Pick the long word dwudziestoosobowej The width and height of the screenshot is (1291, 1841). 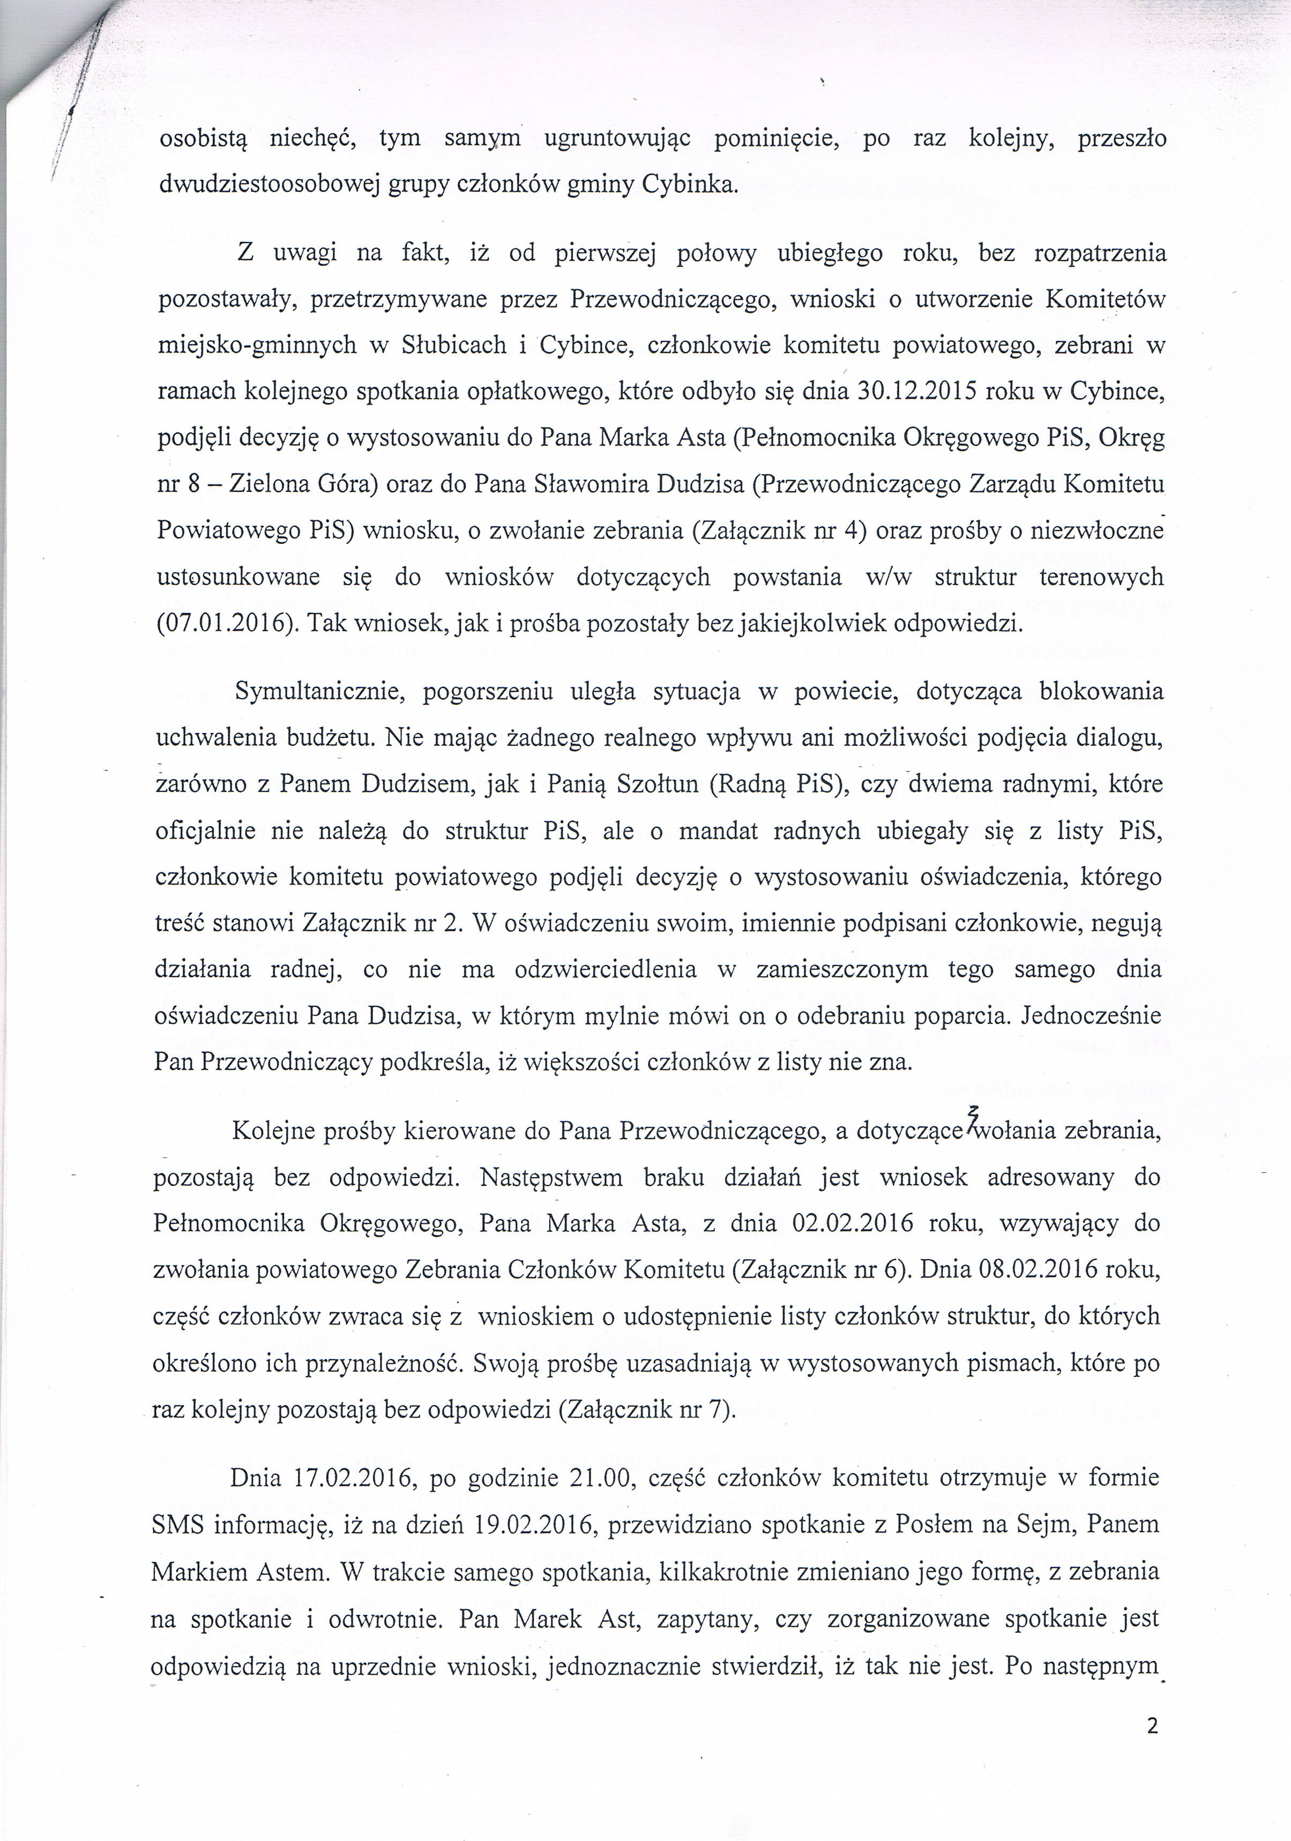click(x=268, y=185)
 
